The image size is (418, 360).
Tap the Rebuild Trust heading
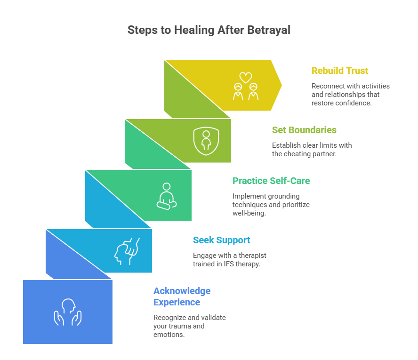coord(340,71)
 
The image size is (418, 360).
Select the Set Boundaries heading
coord(304,130)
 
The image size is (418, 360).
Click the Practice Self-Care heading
coord(271,181)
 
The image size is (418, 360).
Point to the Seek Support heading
coord(221,240)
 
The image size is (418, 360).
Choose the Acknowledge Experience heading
coord(182,296)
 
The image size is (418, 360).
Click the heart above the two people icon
coord(246,77)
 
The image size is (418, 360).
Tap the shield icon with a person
coord(206,141)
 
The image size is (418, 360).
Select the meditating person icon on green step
coord(166,195)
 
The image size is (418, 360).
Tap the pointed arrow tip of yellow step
coord(281,85)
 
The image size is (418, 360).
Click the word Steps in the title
coord(142,30)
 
